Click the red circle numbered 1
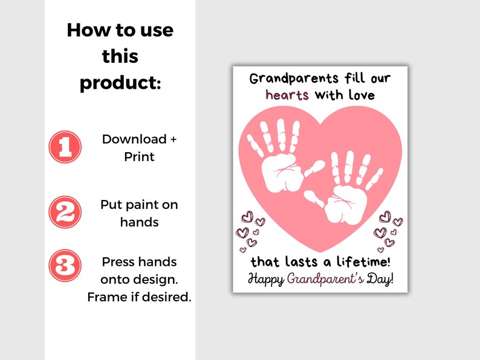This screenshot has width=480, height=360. click(65, 147)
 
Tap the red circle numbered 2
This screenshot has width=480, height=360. click(65, 213)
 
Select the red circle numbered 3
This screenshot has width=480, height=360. click(65, 265)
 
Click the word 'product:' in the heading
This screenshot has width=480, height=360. click(120, 83)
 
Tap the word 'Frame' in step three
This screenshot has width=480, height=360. click(105, 297)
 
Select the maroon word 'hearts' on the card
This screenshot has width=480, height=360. click(287, 95)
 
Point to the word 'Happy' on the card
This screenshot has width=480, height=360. click(266, 279)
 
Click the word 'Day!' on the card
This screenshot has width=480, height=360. click(381, 279)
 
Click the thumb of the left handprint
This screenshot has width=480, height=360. click(311, 172)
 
